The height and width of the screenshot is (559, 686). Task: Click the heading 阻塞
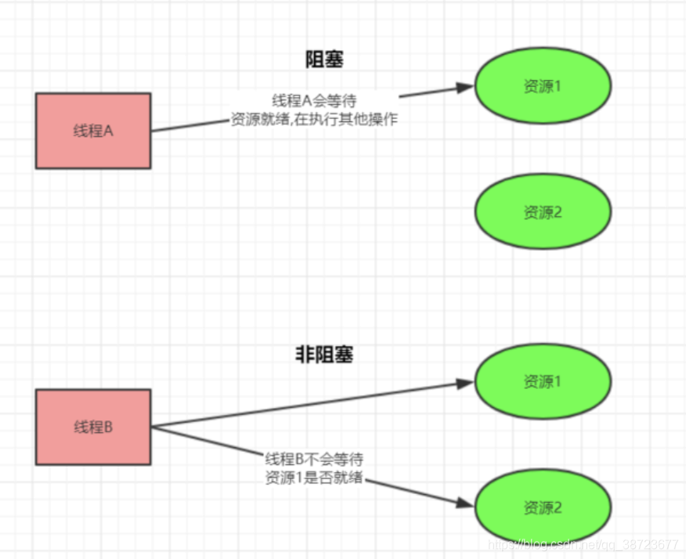tap(324, 60)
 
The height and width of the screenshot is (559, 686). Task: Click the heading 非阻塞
tap(324, 355)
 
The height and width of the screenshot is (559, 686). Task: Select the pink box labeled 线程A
tap(93, 131)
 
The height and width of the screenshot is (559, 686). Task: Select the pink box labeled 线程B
tap(93, 427)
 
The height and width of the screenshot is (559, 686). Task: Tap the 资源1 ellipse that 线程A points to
tap(542, 86)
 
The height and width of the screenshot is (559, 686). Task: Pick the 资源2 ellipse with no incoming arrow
tap(542, 211)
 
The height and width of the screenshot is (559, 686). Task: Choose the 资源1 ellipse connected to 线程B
tap(542, 382)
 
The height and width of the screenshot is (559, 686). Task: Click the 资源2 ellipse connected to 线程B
tap(542, 507)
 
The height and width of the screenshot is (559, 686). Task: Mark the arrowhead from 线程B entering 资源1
tap(466, 383)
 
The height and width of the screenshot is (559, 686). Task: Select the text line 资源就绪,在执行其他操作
tap(316, 120)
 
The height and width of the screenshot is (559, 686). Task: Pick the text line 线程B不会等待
tap(314, 458)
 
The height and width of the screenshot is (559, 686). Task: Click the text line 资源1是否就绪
tap(314, 477)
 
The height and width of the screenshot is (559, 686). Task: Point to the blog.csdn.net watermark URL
tap(583, 544)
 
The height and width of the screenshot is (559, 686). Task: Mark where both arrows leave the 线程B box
tap(152, 427)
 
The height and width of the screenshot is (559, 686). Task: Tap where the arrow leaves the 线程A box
tap(152, 131)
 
